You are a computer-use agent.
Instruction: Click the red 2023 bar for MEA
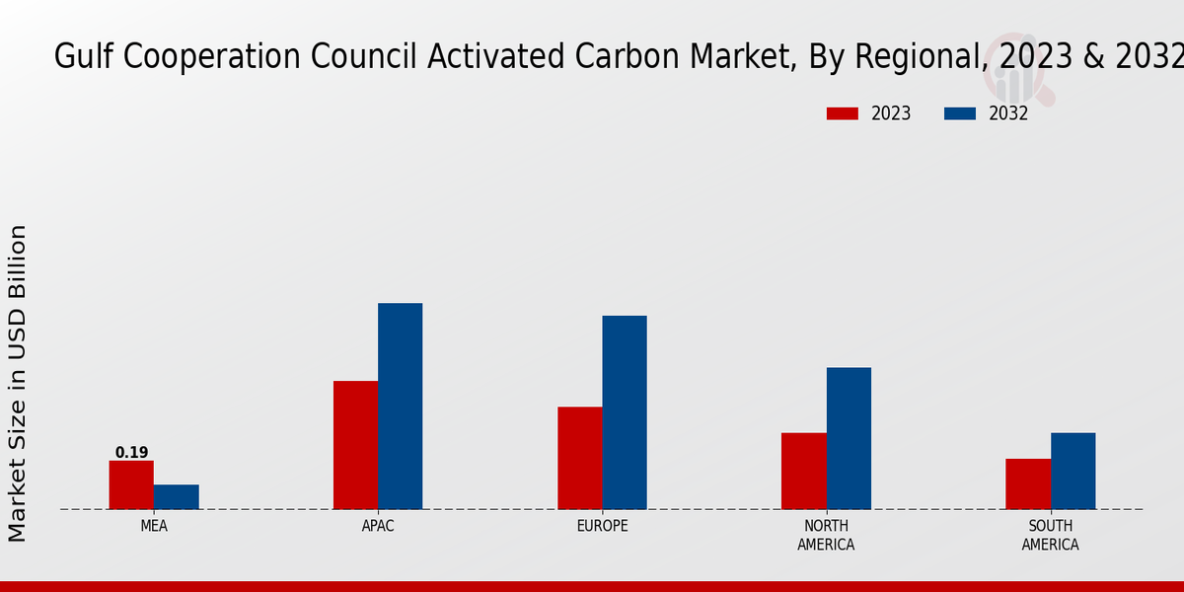[x=131, y=484]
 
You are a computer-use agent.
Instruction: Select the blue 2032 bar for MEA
[x=177, y=497]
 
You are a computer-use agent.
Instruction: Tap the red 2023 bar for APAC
[x=355, y=445]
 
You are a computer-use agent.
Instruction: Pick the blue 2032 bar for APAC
[x=401, y=406]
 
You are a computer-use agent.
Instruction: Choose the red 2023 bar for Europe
[x=580, y=458]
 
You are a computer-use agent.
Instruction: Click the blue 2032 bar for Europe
[x=625, y=412]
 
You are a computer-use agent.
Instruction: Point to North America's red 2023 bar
[x=804, y=471]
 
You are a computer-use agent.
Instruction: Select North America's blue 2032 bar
[x=849, y=438]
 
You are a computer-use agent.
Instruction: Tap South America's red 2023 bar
[x=1028, y=483]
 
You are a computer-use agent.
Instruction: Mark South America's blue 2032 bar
[x=1073, y=471]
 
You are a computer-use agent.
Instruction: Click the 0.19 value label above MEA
[x=131, y=453]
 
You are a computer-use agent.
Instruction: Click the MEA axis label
[x=154, y=526]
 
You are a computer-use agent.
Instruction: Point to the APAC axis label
[x=378, y=526]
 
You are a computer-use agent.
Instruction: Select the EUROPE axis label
[x=602, y=526]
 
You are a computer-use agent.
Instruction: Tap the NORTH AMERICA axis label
[x=827, y=535]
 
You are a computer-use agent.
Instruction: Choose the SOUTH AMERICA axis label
[x=1051, y=535]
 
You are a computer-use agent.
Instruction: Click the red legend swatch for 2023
[x=843, y=113]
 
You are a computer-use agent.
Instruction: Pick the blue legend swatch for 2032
[x=960, y=113]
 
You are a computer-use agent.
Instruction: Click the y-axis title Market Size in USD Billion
[x=18, y=383]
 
